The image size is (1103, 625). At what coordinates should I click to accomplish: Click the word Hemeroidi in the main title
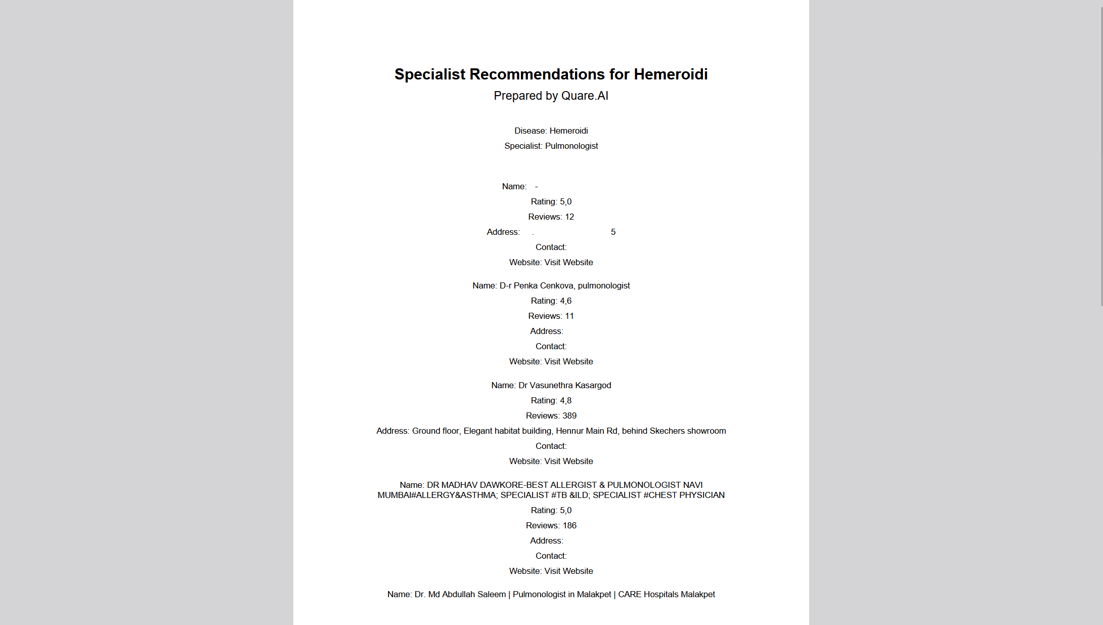coord(671,74)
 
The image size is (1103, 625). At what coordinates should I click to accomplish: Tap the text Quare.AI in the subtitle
coord(585,96)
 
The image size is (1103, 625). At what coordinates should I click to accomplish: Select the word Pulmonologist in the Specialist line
coord(571,146)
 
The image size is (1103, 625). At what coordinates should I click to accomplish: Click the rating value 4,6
coord(565,301)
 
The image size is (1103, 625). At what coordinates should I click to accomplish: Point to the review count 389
coord(569,416)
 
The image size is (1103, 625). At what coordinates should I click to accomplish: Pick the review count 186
coord(569,526)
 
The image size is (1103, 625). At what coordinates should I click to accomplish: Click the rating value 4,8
coord(565,401)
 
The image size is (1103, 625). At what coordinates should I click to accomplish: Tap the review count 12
coord(569,217)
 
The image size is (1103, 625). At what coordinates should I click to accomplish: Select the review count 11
coord(569,316)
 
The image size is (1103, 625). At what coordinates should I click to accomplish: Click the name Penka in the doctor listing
coord(525,286)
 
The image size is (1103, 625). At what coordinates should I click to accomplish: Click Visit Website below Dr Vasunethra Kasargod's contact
coord(568,462)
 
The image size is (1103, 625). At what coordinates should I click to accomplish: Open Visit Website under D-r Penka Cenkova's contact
coord(568,362)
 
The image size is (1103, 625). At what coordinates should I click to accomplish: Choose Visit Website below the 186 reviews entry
coord(568,571)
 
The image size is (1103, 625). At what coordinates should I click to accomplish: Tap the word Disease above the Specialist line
coord(530,131)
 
